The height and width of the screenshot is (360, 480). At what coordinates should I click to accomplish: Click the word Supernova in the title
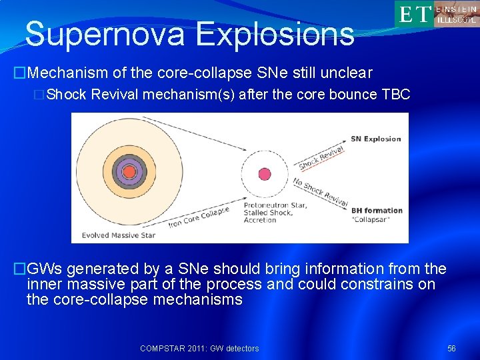(x=104, y=34)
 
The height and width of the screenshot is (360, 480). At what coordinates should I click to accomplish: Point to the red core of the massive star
(x=129, y=171)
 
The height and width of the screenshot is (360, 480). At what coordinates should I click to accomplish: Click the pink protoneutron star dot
(x=263, y=173)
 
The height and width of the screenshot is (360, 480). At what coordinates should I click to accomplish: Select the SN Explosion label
(x=376, y=139)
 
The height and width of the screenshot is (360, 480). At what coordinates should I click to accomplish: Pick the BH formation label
(x=377, y=210)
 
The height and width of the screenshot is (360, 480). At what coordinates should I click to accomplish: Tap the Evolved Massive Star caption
(x=117, y=235)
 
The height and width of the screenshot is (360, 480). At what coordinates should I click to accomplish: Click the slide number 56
(x=452, y=349)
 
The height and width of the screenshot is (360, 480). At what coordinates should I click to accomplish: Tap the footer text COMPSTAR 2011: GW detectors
(x=199, y=349)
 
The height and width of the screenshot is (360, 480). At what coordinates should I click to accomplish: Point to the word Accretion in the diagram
(x=260, y=220)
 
